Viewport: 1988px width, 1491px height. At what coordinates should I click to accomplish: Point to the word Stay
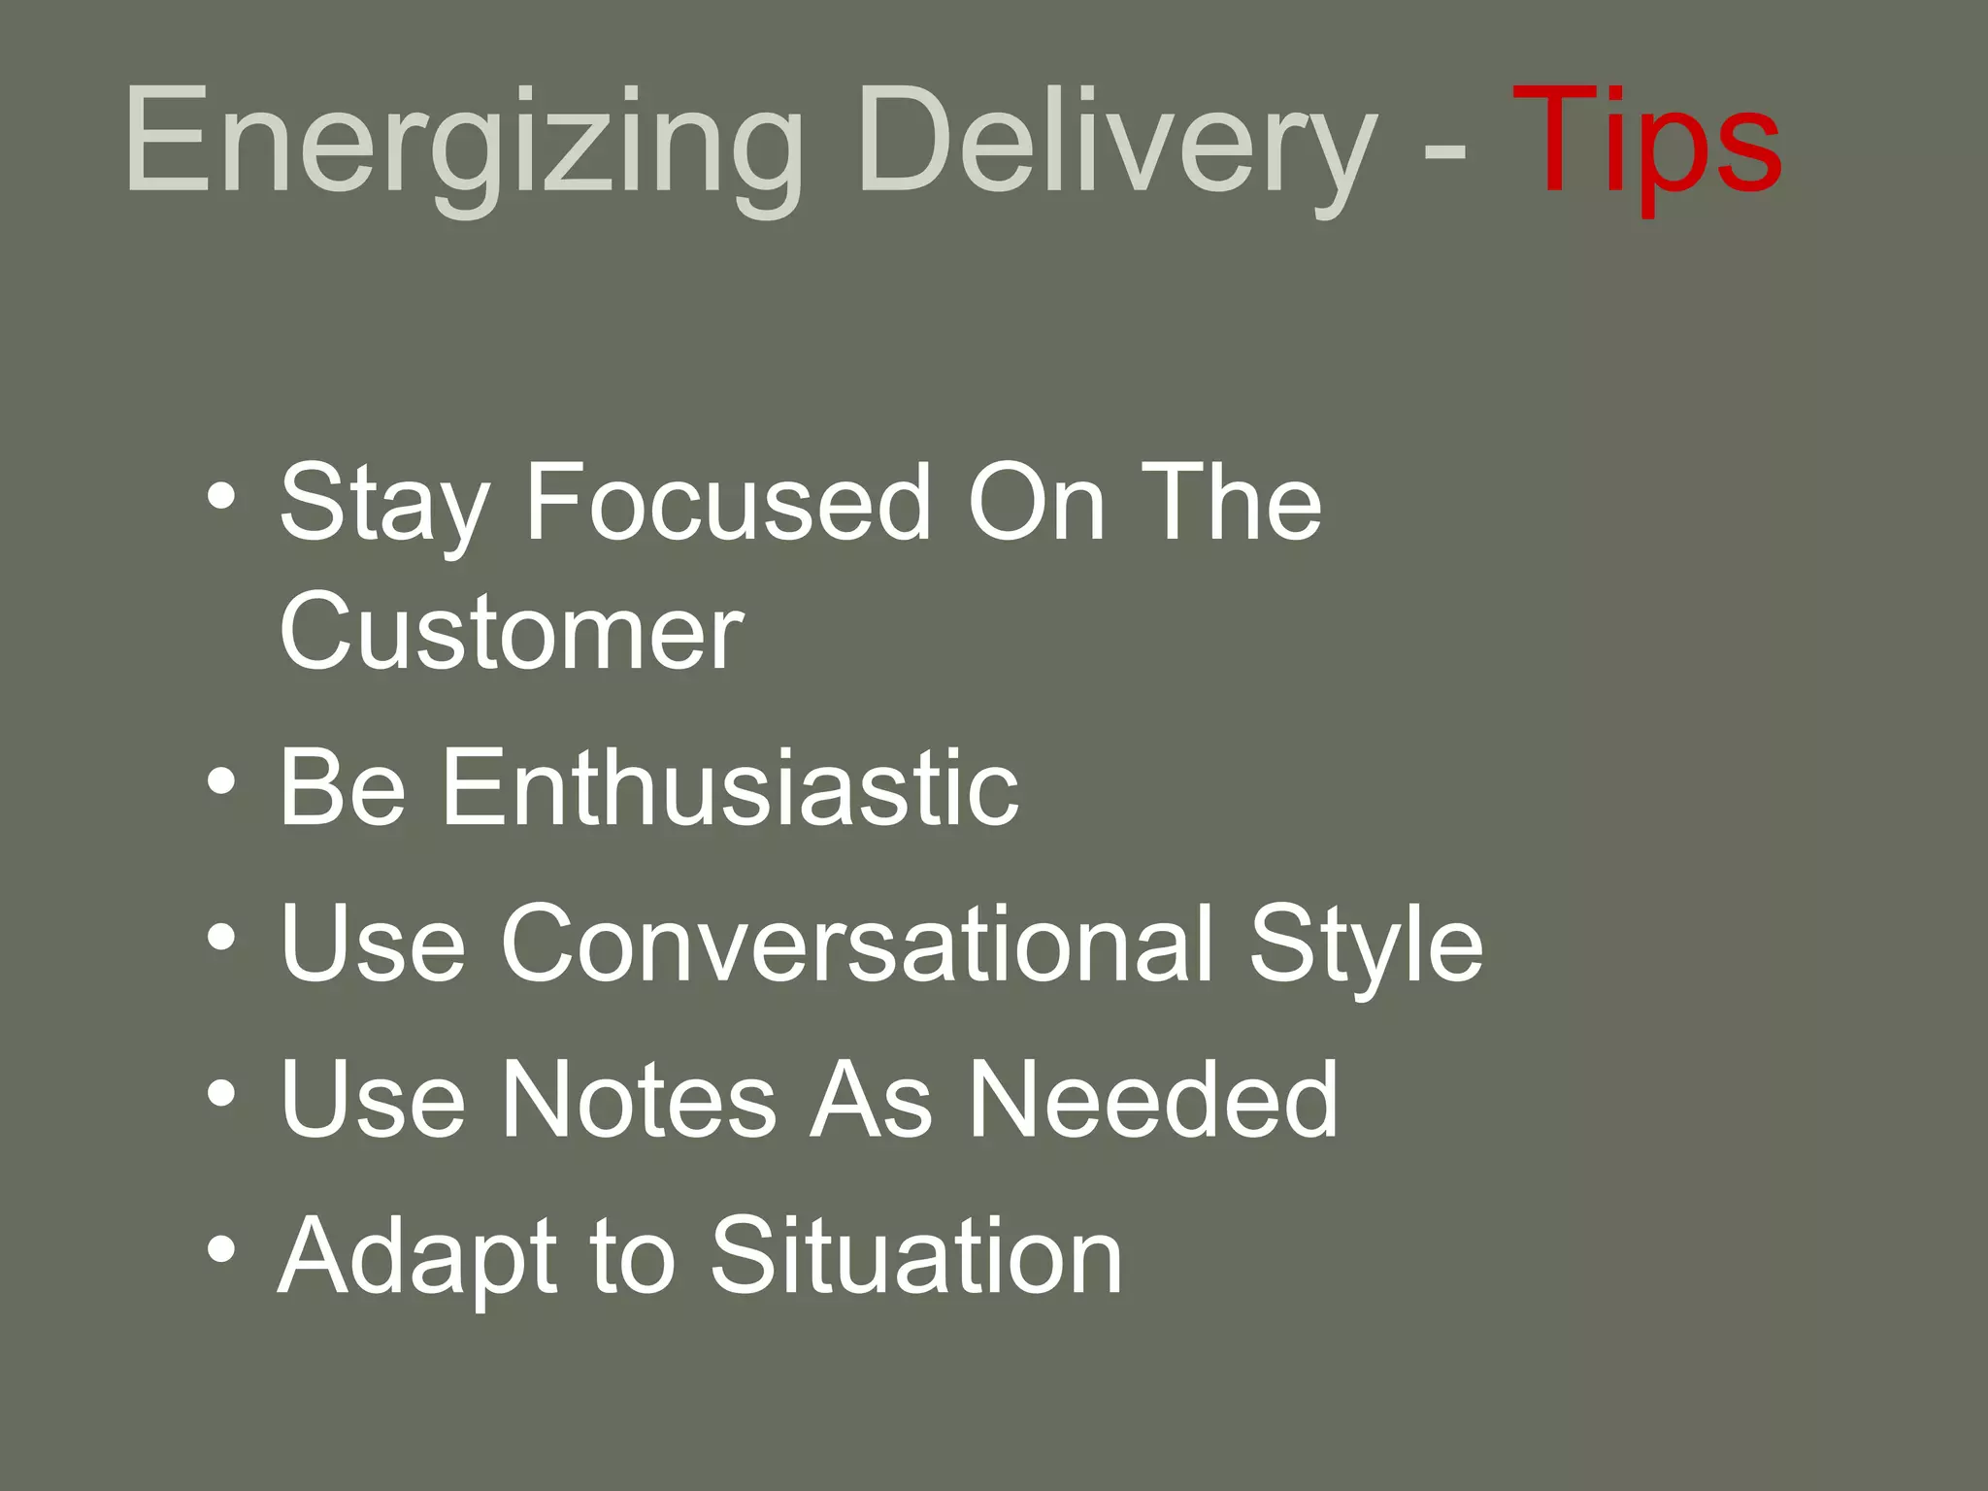[383, 505]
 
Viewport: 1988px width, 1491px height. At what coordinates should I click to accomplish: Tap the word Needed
[1153, 1099]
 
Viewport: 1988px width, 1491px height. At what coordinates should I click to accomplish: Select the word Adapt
[417, 1259]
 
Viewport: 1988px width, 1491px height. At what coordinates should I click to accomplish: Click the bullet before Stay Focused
[221, 498]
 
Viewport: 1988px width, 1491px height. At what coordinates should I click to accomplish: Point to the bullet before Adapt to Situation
[221, 1250]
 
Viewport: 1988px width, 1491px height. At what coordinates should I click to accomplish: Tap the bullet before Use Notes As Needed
[221, 1094]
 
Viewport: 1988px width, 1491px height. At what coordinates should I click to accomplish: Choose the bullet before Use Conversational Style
[221, 938]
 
